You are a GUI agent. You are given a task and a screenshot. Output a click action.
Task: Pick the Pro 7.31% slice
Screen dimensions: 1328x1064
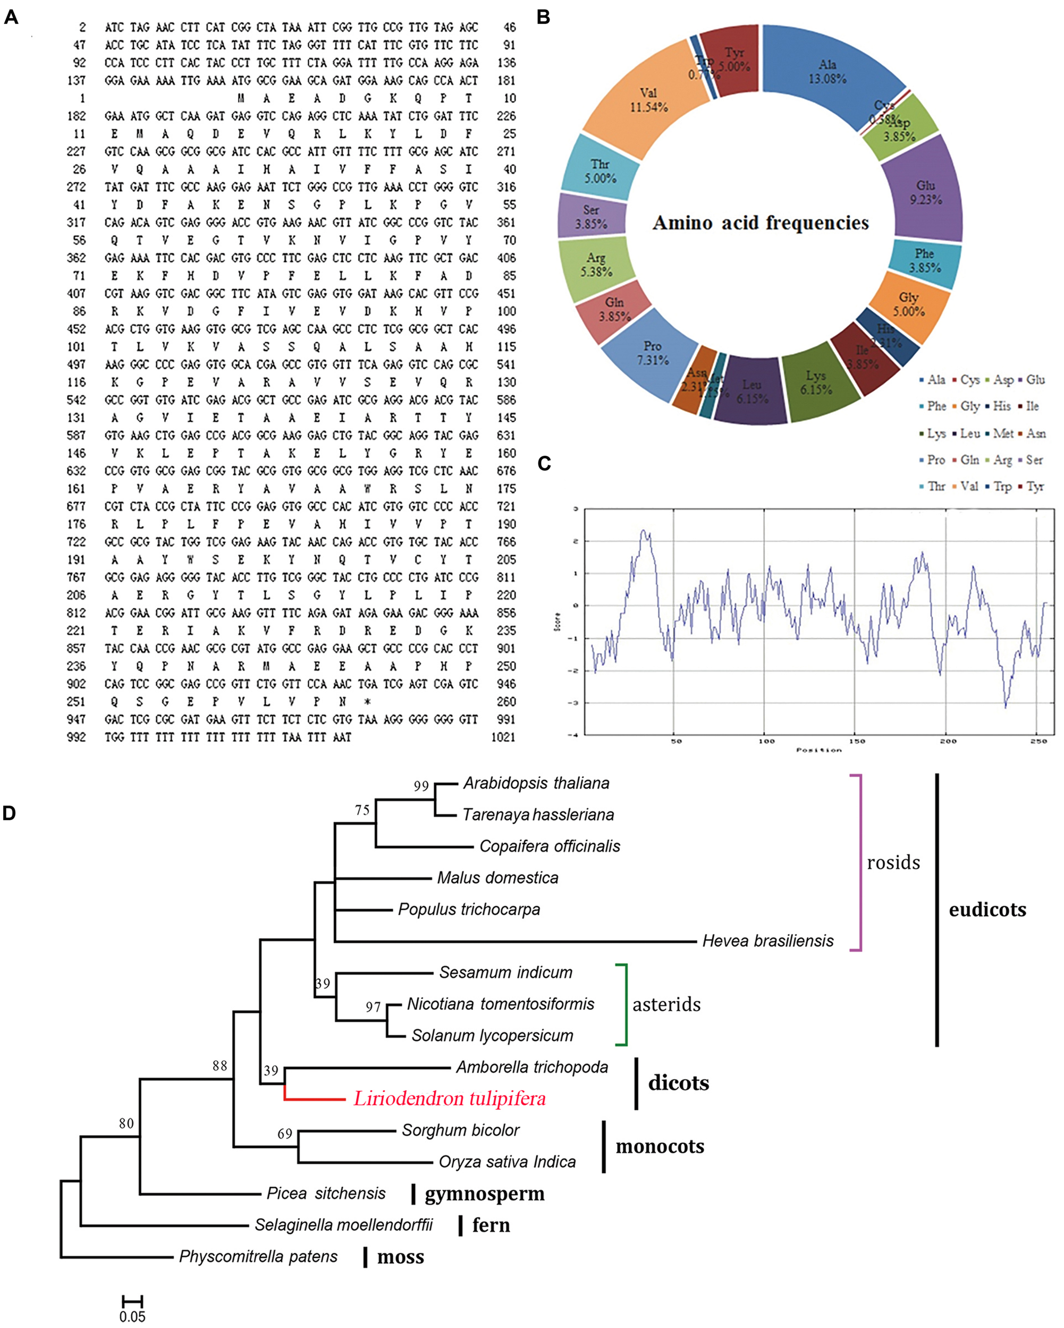coord(652,353)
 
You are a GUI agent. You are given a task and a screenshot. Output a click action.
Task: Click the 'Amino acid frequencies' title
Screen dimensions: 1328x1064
coord(760,223)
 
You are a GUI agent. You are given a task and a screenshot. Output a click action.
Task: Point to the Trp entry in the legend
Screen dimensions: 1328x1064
coord(1002,487)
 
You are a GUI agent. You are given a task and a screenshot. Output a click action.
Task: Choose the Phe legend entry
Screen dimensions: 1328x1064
coord(936,406)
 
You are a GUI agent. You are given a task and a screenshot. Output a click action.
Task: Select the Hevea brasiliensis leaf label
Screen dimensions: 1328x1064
coord(767,941)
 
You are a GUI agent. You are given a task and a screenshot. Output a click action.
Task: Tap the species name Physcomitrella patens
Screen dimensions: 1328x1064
coord(258,1256)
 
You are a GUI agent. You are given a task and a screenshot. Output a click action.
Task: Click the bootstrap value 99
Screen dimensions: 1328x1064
coord(421,786)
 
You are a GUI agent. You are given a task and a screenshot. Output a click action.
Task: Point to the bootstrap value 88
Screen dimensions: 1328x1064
coord(219,1066)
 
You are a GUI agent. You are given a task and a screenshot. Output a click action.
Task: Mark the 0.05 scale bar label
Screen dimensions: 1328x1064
coord(132,1316)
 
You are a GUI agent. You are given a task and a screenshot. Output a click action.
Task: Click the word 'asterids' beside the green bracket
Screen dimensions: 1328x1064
coord(666,1004)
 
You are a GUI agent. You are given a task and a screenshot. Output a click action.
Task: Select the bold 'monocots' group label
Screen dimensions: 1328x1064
coord(660,1146)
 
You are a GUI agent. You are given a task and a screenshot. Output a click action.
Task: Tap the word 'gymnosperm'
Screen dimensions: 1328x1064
coord(484,1193)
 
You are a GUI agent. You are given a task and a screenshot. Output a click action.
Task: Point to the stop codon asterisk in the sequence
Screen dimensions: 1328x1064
coord(367,702)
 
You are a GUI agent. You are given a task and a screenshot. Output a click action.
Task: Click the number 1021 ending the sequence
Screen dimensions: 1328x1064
coord(503,737)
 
